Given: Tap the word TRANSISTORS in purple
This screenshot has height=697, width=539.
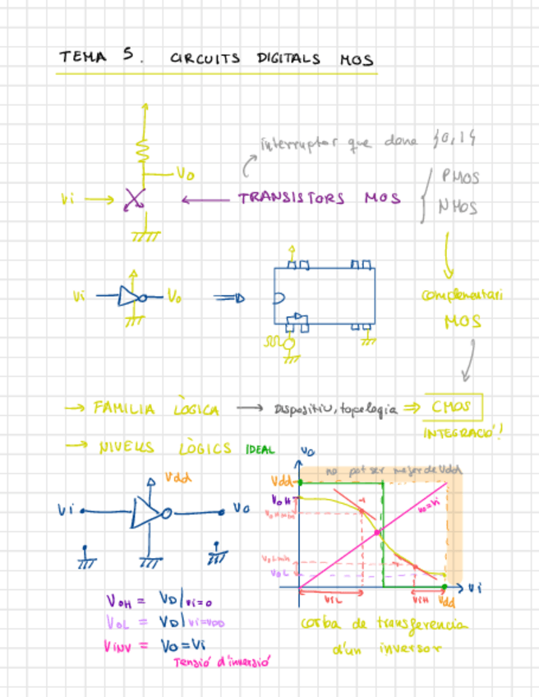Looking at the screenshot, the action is [292, 198].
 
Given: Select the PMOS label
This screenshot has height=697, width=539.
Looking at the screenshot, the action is [460, 177].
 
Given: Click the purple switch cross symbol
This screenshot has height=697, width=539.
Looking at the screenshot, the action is [134, 199].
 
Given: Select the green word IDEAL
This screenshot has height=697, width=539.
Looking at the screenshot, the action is [260, 450].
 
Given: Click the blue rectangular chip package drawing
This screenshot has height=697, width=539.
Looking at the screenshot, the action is [325, 297].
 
